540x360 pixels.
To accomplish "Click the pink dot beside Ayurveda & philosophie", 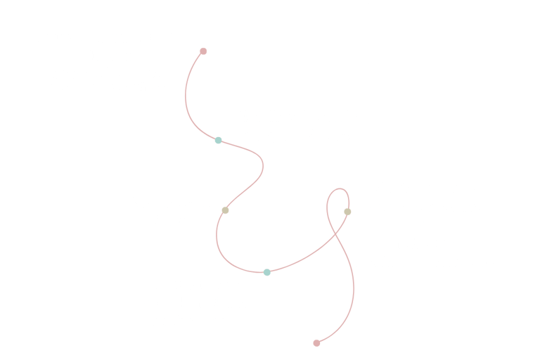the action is click(203, 51).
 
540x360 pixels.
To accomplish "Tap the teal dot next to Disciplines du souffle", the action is click(219, 141).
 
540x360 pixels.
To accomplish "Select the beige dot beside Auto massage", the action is click(225, 210).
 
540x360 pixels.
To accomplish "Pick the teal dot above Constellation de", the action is click(266, 272).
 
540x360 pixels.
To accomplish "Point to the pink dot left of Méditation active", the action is click(347, 211).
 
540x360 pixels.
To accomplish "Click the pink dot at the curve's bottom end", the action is click(316, 342).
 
